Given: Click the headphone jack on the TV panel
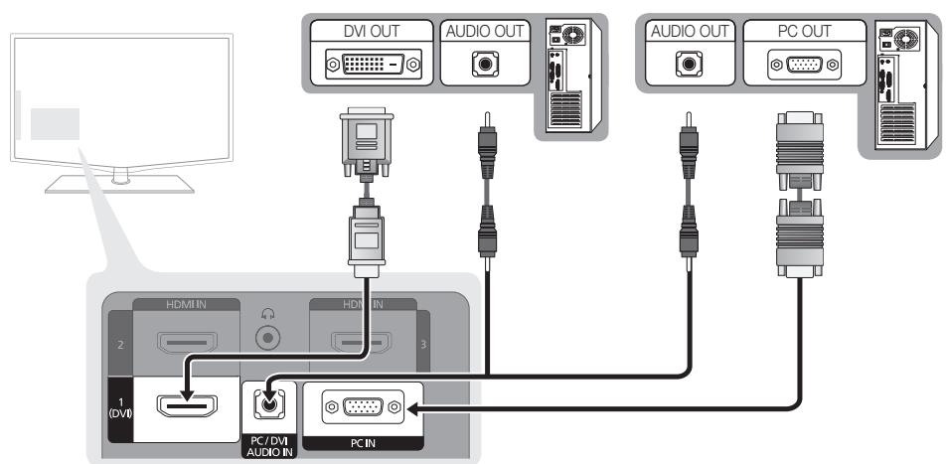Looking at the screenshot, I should pyautogui.click(x=265, y=337).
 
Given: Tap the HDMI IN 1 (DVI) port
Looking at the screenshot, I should pyautogui.click(x=183, y=407).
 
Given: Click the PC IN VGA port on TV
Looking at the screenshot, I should pyautogui.click(x=363, y=407).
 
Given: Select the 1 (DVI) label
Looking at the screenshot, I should pyautogui.click(x=117, y=407).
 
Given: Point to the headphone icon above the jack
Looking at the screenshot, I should pyautogui.click(x=265, y=313).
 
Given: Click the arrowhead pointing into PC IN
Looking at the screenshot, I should pyautogui.click(x=415, y=407).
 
